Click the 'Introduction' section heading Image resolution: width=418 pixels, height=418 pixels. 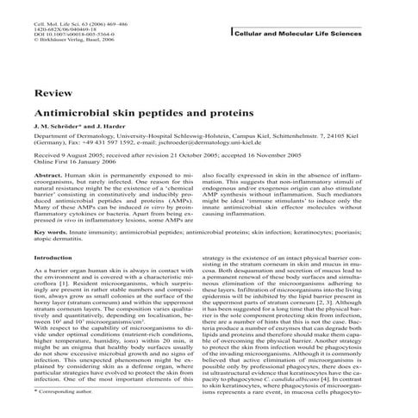(x=53, y=258)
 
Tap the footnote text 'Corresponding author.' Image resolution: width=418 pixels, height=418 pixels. (x=65, y=391)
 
